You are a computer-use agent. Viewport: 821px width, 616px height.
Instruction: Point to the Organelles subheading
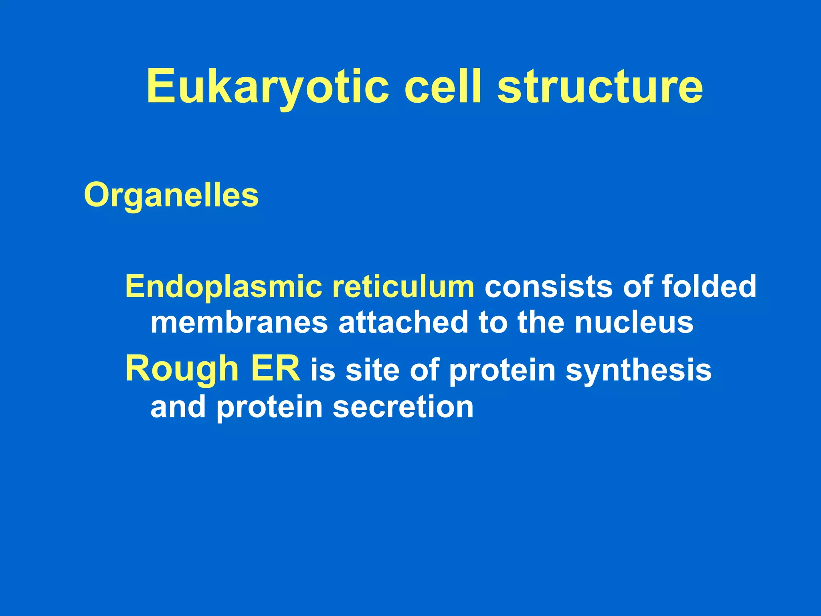171,195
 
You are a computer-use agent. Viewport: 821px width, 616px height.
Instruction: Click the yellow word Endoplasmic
223,287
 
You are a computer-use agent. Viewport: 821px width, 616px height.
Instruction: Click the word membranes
239,322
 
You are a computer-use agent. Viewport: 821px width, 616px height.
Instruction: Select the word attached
403,322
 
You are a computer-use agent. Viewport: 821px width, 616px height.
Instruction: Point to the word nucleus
634,322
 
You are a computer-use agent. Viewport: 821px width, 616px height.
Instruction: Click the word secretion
403,407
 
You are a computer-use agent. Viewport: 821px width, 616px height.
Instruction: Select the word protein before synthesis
502,371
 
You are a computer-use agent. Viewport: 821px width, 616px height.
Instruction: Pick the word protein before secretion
269,407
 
